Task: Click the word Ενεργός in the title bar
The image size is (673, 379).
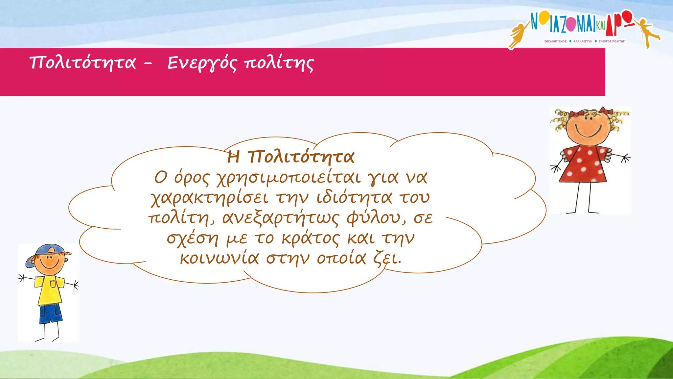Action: (x=201, y=63)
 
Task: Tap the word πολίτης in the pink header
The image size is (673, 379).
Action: (x=279, y=63)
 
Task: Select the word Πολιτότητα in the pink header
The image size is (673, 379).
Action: (x=82, y=63)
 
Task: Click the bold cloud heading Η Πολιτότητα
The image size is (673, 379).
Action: (x=291, y=157)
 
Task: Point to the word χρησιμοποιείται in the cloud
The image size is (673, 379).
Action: (x=289, y=178)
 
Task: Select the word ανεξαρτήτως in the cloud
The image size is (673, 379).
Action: (x=280, y=218)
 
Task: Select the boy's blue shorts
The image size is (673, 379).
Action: (x=50, y=314)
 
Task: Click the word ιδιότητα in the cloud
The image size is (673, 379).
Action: (x=354, y=198)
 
